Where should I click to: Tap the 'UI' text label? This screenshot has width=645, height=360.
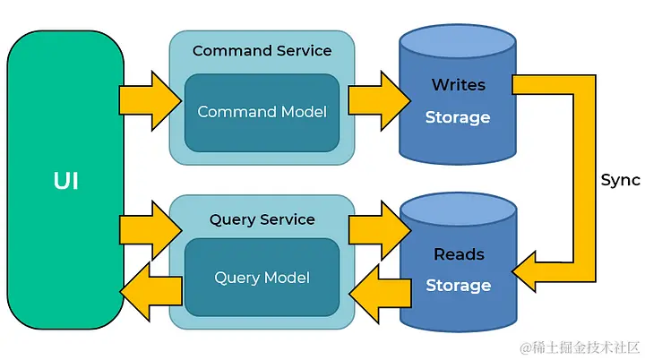(65, 181)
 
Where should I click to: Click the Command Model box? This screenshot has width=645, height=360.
(262, 113)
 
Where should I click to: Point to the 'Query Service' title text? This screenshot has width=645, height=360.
(262, 219)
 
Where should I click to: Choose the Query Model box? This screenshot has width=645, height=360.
(262, 278)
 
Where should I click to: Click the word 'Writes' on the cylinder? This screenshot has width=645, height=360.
(458, 85)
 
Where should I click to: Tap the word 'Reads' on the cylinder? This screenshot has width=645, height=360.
(458, 254)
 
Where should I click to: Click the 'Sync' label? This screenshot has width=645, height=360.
(620, 180)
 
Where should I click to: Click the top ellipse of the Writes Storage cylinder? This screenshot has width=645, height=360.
(458, 43)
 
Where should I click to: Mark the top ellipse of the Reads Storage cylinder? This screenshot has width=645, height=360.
(458, 211)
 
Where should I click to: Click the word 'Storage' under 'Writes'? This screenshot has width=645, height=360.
(458, 117)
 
